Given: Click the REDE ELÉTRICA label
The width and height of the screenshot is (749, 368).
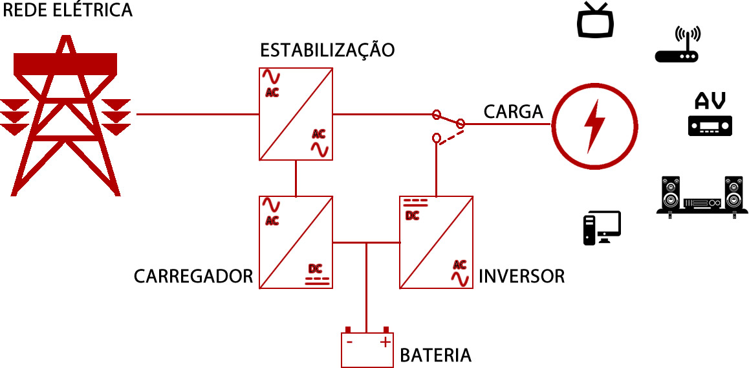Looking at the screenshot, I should [68, 11].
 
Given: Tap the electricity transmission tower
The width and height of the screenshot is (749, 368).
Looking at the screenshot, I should [65, 117].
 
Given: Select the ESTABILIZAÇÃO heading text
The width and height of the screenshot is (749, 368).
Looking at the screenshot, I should [327, 51].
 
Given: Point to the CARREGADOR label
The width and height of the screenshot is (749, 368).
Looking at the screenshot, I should [193, 277].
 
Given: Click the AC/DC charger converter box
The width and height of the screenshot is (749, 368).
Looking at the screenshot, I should [296, 242].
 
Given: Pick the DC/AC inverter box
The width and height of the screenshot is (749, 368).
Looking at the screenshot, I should [436, 242].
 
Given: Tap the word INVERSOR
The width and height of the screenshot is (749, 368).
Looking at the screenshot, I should [521, 277].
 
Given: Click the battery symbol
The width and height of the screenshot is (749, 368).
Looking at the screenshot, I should [367, 349].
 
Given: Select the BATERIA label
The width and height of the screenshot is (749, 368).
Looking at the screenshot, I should [435, 356].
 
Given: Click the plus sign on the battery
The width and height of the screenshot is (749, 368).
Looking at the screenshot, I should [385, 341].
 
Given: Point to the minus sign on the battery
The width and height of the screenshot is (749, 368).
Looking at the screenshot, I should [349, 341].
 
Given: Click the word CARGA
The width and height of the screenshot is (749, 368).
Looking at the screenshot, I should [513, 111].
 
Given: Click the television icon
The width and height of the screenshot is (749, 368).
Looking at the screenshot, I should [594, 20].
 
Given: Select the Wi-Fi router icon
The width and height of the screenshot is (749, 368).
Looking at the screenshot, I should [677, 45].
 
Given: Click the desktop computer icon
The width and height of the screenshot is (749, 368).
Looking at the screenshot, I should [602, 228].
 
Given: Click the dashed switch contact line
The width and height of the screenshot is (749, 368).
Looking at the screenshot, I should [451, 137].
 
